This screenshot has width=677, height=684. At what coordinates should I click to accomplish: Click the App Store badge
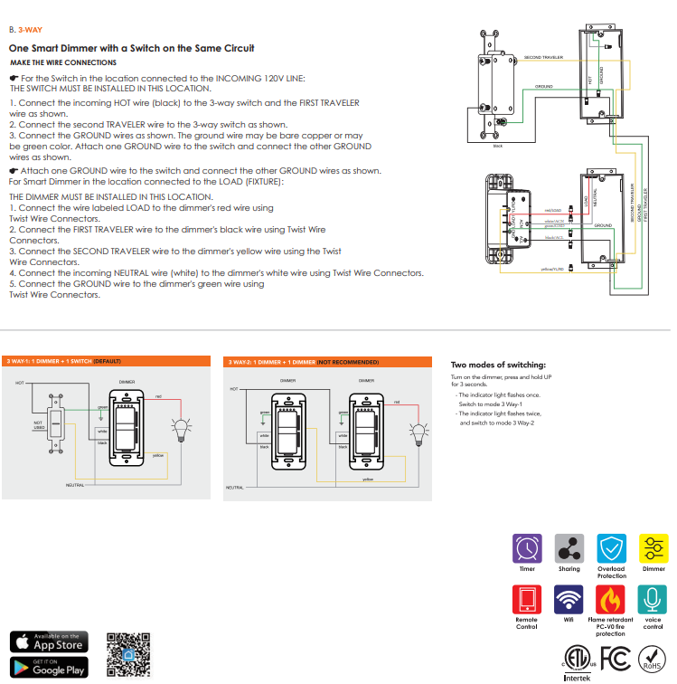[50, 641]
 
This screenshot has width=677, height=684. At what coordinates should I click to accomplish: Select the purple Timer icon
[527, 548]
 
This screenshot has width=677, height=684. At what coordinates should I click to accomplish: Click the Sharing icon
[569, 548]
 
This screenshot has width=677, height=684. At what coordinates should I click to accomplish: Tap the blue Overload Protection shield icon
[611, 548]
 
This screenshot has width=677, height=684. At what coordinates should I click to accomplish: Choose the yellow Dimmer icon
[653, 548]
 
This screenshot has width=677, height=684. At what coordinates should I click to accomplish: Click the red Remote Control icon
[527, 598]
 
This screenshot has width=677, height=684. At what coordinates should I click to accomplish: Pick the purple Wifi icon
[569, 598]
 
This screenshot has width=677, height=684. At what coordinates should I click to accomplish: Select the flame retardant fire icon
[611, 598]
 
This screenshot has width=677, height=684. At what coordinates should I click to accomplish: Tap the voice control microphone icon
[653, 598]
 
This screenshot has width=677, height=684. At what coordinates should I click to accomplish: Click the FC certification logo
[615, 658]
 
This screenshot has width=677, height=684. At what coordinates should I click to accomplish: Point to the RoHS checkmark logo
[652, 659]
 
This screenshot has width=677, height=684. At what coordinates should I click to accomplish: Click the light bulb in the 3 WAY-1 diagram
[184, 428]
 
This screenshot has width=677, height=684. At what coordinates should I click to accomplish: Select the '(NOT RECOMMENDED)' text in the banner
[348, 362]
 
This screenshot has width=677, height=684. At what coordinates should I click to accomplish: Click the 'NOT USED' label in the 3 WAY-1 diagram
[39, 424]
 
